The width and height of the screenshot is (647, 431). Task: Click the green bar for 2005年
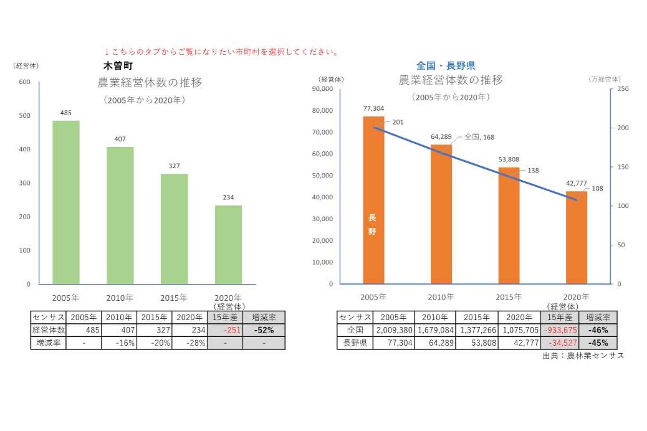tap(66, 202)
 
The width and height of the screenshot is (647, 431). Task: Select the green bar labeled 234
tap(228, 245)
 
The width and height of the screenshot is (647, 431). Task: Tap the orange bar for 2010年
tap(441, 214)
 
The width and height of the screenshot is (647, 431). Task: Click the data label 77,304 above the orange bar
tap(374, 108)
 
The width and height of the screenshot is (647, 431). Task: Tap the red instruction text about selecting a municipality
tap(221, 52)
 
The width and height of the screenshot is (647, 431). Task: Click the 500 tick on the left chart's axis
tap(25, 116)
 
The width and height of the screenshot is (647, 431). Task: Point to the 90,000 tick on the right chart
tap(323, 89)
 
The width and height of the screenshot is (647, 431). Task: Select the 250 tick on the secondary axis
tap(623, 89)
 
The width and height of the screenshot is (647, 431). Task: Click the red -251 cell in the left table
tap(224, 330)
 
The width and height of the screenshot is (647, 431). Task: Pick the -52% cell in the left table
tap(263, 330)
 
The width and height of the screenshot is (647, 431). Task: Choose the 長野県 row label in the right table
tap(355, 343)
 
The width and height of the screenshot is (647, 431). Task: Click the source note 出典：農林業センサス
tap(583, 356)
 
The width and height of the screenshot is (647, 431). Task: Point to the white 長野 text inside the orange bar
tap(372, 224)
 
